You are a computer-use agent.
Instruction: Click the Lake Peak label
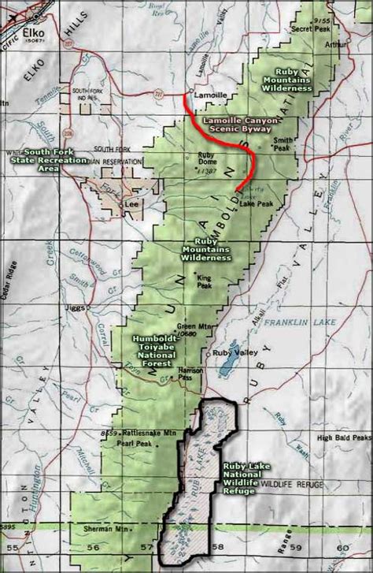257,204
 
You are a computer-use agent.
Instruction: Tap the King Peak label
205,281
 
